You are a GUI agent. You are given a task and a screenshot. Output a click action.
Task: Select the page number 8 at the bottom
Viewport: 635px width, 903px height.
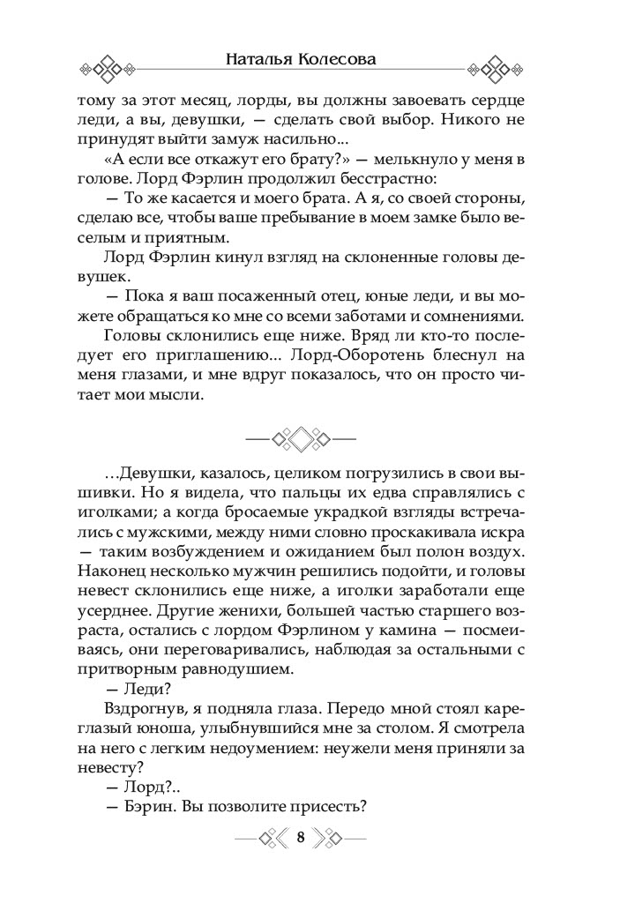tap(301, 838)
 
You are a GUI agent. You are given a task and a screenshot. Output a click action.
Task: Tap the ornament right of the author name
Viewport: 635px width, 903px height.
tap(498, 70)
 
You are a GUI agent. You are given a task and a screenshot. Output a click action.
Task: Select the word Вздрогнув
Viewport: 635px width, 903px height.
tap(139, 720)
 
